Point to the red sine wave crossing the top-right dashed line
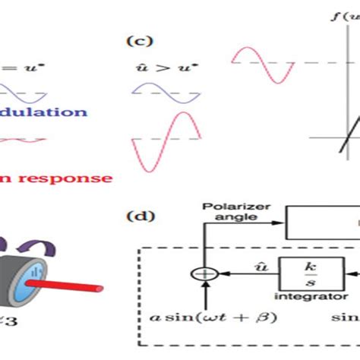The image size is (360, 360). coord(263,64)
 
